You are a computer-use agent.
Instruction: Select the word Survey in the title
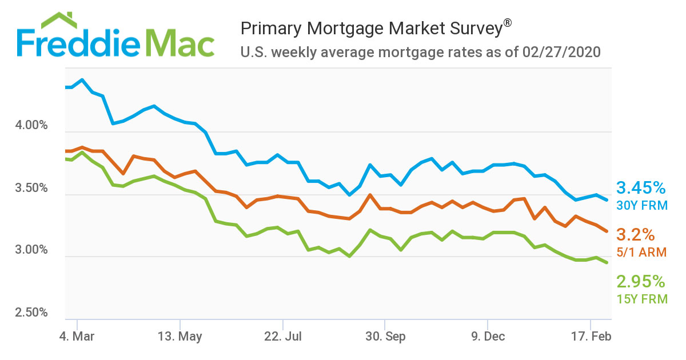(x=470, y=29)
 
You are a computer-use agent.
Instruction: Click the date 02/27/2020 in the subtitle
(x=562, y=53)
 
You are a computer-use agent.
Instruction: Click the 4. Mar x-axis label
(x=76, y=337)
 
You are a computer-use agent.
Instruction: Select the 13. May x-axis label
(x=180, y=337)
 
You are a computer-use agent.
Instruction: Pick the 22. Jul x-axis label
(x=282, y=337)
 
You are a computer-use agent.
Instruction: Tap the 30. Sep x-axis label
(x=385, y=337)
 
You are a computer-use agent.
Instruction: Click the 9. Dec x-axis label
(x=488, y=337)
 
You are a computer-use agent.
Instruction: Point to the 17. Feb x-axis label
(x=591, y=337)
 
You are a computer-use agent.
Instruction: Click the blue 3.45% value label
(x=641, y=188)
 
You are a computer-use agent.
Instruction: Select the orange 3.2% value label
(x=635, y=235)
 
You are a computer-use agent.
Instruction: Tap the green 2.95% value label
(x=641, y=282)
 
